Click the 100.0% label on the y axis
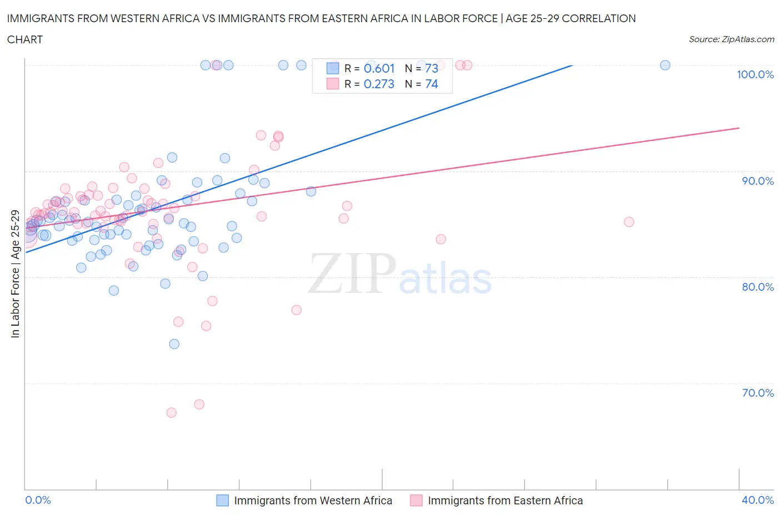click(x=755, y=74)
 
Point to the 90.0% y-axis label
click(x=758, y=181)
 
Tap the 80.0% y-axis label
click(x=758, y=287)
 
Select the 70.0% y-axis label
click(x=758, y=393)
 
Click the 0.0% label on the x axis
click(x=38, y=500)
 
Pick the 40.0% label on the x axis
click(x=758, y=500)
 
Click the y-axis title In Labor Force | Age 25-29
click(x=16, y=274)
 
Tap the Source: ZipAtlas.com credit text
click(x=731, y=39)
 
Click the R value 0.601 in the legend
click(x=379, y=68)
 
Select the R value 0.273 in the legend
click(x=379, y=84)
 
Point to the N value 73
click(x=432, y=68)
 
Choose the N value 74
click(x=432, y=84)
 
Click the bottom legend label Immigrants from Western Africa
click(x=313, y=500)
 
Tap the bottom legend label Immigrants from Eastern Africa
click(x=505, y=500)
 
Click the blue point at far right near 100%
click(x=665, y=65)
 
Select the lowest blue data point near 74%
click(x=174, y=344)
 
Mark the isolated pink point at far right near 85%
click(x=629, y=222)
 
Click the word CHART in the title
click(x=25, y=39)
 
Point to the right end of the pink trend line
click(x=739, y=128)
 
